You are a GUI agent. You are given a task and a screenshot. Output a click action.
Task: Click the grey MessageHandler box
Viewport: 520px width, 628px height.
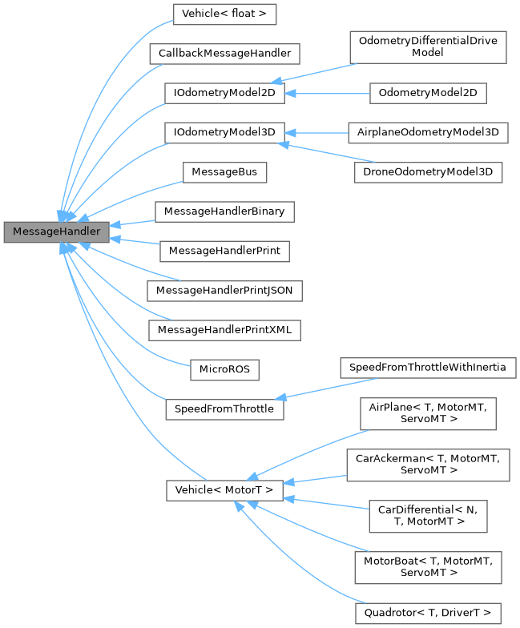(56, 231)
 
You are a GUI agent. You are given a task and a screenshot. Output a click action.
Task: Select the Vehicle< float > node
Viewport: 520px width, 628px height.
(220, 14)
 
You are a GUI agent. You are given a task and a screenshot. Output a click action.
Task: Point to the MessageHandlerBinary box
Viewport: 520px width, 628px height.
(224, 211)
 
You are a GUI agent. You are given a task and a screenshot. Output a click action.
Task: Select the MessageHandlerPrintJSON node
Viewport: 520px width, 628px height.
(224, 289)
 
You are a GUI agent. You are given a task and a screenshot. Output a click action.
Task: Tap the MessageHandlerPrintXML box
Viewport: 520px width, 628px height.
(224, 328)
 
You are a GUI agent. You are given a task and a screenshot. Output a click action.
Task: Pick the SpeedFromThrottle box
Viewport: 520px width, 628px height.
(224, 409)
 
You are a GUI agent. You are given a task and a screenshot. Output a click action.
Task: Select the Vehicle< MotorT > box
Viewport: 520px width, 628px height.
(224, 490)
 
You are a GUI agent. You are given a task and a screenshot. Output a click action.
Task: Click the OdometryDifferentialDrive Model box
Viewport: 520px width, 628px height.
(428, 46)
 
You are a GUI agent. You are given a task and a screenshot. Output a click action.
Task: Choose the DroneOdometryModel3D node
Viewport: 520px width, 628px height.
(428, 172)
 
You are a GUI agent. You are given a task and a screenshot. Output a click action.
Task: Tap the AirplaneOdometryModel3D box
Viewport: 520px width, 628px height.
(428, 132)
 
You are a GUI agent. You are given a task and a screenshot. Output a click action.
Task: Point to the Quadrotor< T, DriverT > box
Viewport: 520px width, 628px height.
(428, 614)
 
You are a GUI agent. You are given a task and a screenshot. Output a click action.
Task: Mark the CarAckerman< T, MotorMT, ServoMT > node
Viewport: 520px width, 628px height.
(428, 464)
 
